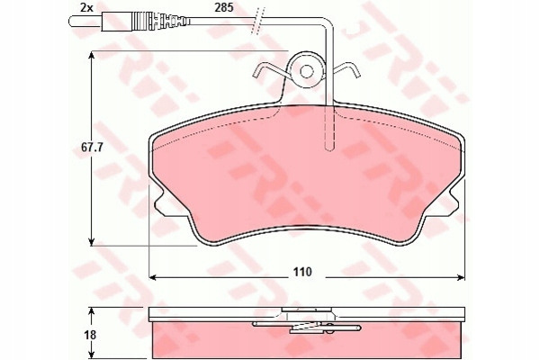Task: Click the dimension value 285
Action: pos(224,7)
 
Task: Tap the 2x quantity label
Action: pos(86,7)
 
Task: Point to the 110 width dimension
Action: pos(302,272)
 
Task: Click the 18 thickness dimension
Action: pos(90,335)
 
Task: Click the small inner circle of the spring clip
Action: pos(306,71)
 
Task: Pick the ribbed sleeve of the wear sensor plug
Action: pos(145,22)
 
